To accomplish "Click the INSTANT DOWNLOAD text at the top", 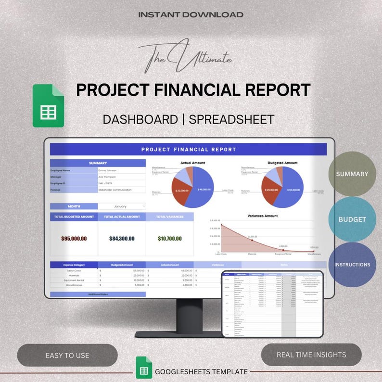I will pyautogui.click(x=191, y=14).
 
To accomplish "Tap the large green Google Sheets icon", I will pyautogui.click(x=48, y=106).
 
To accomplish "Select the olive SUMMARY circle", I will pyautogui.click(x=352, y=174).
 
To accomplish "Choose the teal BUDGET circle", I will pyautogui.click(x=352, y=219).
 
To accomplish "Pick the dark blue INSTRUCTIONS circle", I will pyautogui.click(x=352, y=265).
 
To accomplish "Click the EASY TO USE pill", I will pyautogui.click(x=67, y=355).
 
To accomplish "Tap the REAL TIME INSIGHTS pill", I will pyautogui.click(x=311, y=355).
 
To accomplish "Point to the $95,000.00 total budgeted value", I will pyautogui.click(x=74, y=238).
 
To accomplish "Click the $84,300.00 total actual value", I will pyautogui.click(x=122, y=238).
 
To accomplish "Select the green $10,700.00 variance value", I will pyautogui.click(x=169, y=238).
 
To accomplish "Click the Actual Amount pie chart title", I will pyautogui.click(x=192, y=163).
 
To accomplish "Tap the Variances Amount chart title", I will pyautogui.click(x=262, y=216).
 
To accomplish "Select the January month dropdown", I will pyautogui.click(x=122, y=206).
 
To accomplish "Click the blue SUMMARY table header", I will pyautogui.click(x=98, y=163).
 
